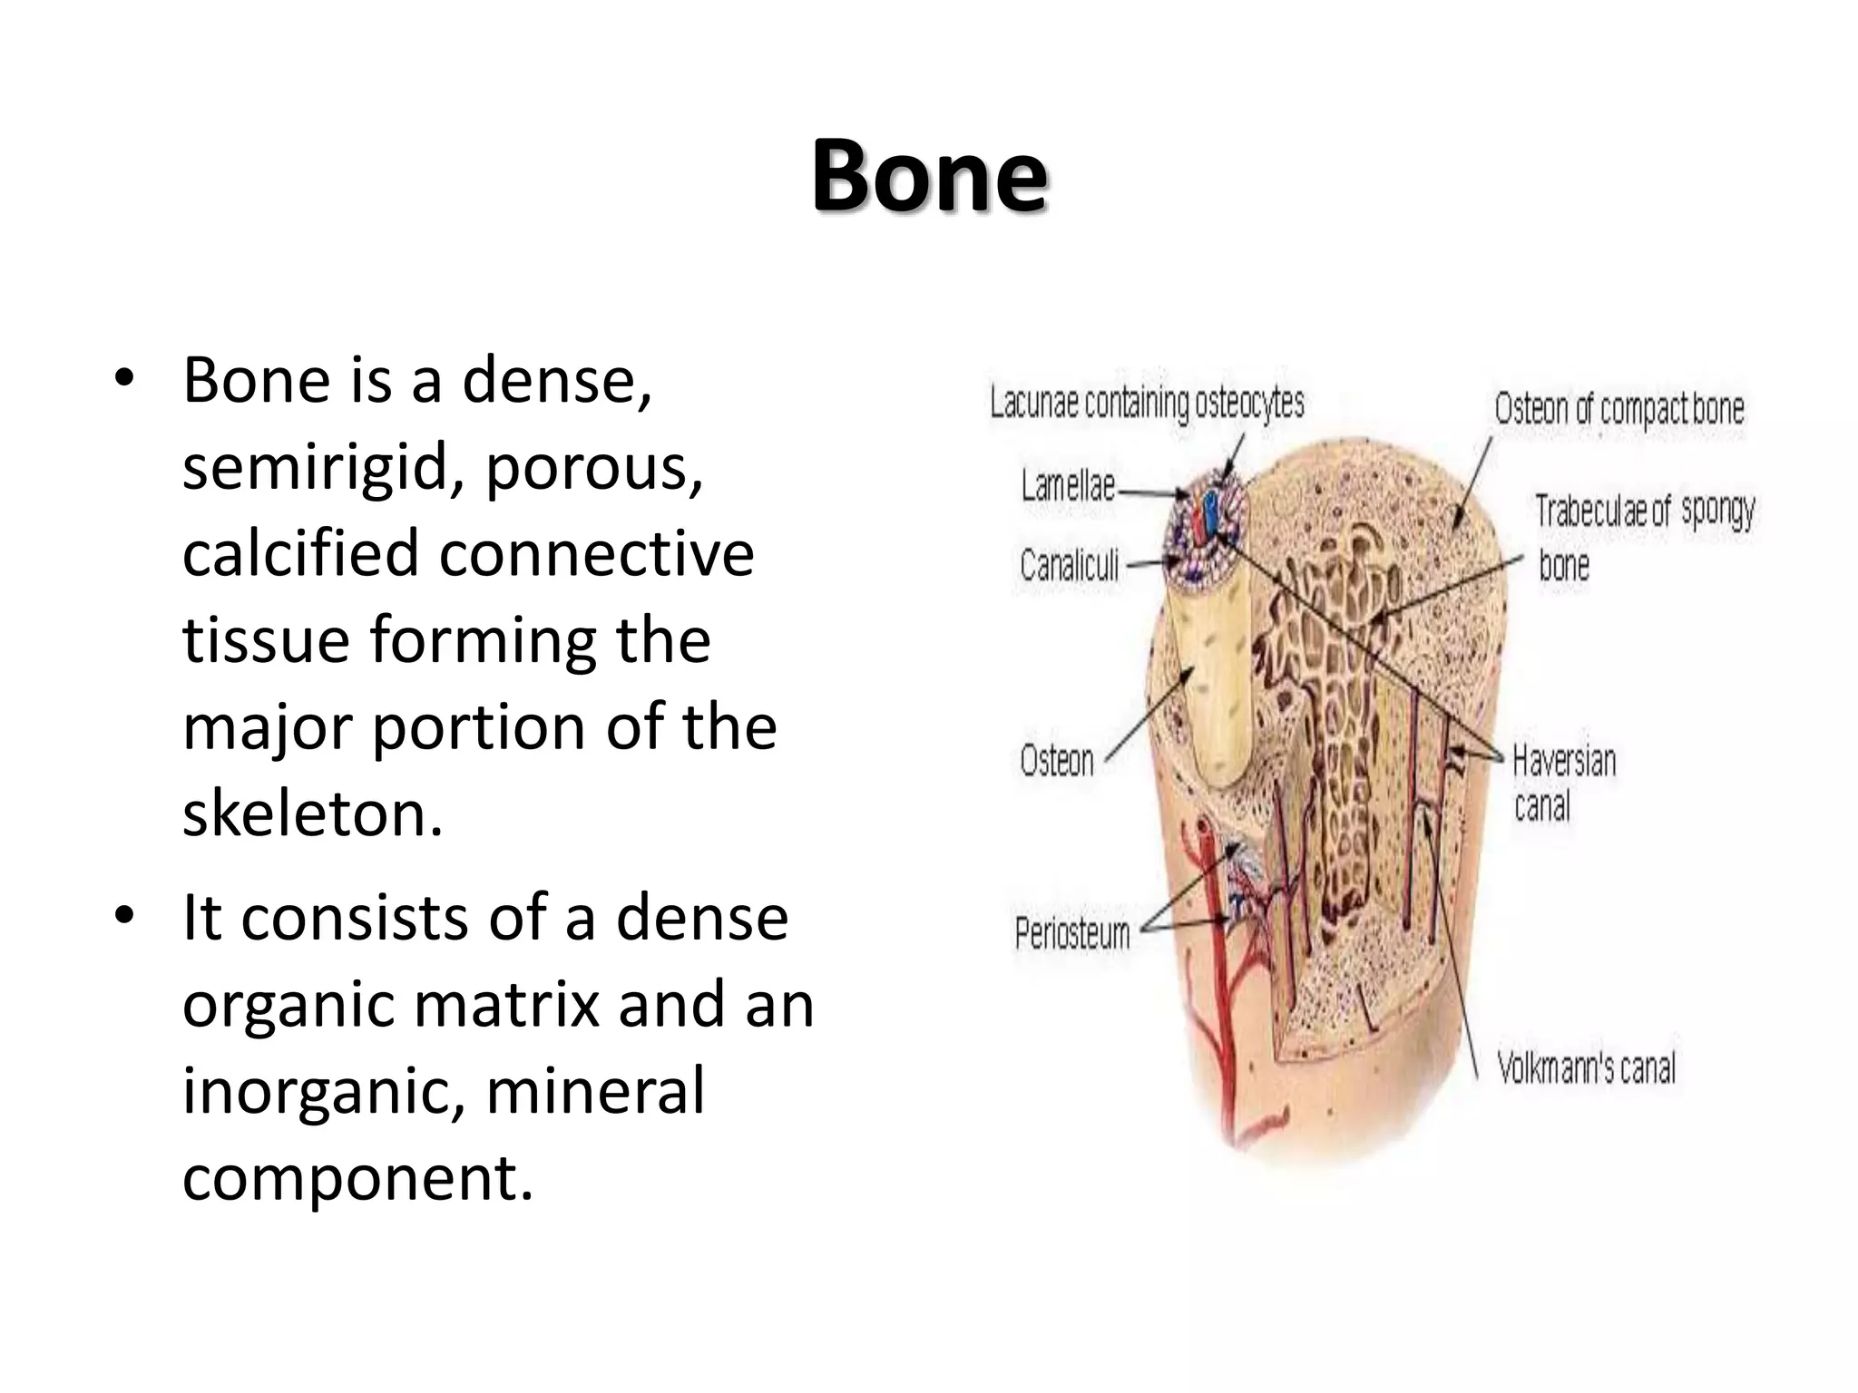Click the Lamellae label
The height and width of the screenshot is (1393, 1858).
1068,486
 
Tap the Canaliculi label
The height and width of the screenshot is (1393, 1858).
1069,566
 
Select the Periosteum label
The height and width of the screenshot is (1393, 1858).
1072,933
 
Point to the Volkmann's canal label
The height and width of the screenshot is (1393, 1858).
1586,1067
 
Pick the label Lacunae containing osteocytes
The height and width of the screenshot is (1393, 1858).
1147,403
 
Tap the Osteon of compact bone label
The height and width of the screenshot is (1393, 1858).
1619,409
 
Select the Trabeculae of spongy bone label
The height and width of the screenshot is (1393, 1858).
1644,535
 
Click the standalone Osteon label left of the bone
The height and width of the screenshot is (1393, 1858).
1057,760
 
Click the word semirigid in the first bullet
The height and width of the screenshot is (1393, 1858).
323,467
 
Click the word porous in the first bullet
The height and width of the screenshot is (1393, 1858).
593,467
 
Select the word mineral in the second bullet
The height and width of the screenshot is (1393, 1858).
595,1090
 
